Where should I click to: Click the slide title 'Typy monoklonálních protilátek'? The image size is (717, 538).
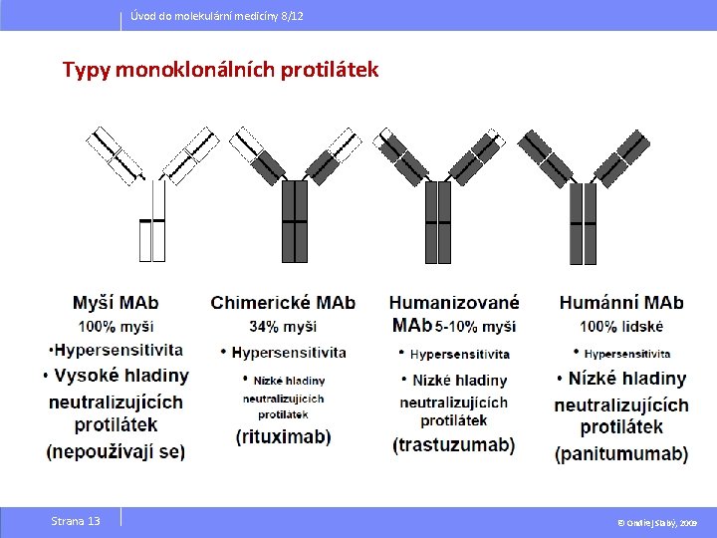(x=220, y=71)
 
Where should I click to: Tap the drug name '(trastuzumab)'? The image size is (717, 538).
(x=454, y=444)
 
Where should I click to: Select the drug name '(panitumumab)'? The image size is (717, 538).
(x=621, y=454)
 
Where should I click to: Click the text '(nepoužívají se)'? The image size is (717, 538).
(x=116, y=451)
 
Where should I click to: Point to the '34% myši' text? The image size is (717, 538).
(x=283, y=327)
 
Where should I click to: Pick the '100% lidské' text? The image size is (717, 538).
(x=621, y=326)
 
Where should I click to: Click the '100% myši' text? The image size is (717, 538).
(x=116, y=326)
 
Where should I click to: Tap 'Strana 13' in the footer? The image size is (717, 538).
(x=76, y=521)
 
